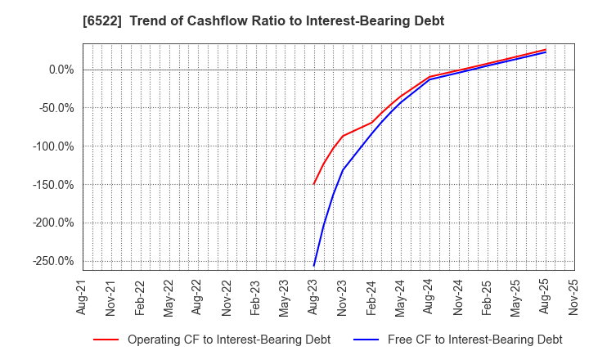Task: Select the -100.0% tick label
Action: tap(51, 146)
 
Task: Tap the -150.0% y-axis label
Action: tap(51, 185)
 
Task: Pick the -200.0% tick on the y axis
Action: tap(51, 223)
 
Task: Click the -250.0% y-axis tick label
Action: tap(51, 261)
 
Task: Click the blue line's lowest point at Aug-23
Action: tap(313, 266)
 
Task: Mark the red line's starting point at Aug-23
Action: tap(313, 184)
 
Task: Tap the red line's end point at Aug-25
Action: tap(545, 49)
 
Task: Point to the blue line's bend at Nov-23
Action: tap(343, 170)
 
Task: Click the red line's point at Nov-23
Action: tap(343, 136)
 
